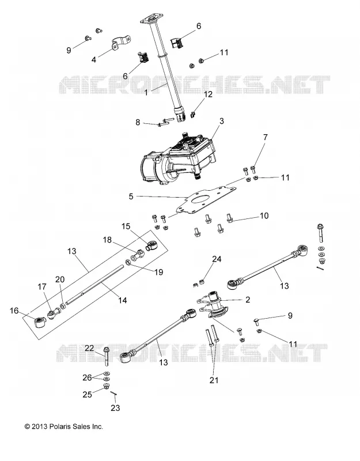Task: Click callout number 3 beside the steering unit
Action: click(x=222, y=121)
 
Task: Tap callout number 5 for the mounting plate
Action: click(x=131, y=197)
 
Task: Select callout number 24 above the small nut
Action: click(x=217, y=259)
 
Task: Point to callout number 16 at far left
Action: click(x=14, y=311)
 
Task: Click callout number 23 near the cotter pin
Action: click(x=116, y=408)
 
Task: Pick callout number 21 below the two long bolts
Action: click(x=214, y=380)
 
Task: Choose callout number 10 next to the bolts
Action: click(x=264, y=216)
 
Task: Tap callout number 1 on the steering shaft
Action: click(x=146, y=93)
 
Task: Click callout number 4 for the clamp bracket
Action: click(x=94, y=60)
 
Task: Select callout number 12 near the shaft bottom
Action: click(x=208, y=95)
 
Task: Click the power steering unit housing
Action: click(x=179, y=159)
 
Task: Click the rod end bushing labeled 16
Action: click(x=40, y=322)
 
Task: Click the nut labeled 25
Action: click(x=106, y=386)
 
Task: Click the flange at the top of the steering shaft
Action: click(x=151, y=20)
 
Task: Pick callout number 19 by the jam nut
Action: click(x=159, y=272)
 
